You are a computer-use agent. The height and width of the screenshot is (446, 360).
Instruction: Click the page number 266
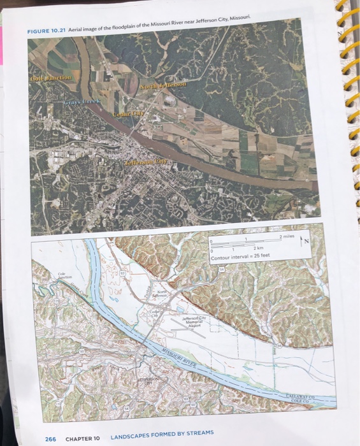click(50, 438)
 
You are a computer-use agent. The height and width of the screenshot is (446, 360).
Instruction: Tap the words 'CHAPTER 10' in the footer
click(83, 438)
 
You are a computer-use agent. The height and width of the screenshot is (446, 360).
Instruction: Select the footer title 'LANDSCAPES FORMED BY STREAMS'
click(162, 436)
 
